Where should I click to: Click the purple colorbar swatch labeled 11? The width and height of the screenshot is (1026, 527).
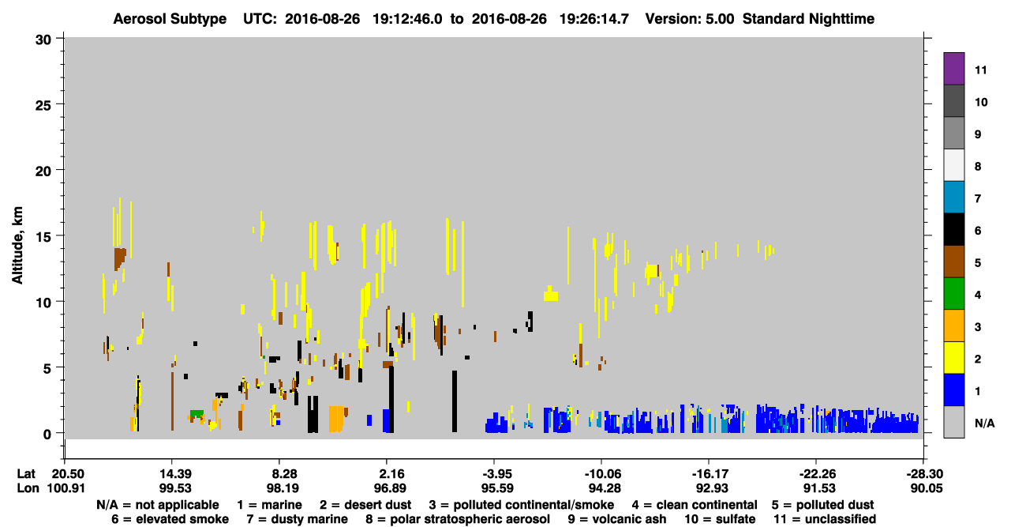953,68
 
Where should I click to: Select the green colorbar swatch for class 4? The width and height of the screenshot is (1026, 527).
953,294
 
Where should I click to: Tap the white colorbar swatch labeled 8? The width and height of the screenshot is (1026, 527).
953,165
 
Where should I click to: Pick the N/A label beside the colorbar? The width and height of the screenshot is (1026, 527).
984,423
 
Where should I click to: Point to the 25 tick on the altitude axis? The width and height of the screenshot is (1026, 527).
43,106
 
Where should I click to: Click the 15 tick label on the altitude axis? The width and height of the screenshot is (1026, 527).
43,237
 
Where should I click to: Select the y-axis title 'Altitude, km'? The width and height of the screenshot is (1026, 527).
17,246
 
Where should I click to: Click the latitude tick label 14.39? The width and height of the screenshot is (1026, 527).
175,473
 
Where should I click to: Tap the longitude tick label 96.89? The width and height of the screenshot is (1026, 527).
390,488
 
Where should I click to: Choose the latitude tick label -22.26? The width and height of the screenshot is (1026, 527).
819,473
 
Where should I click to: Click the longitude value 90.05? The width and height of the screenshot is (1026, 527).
926,488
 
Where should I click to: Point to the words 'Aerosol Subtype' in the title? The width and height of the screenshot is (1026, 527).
170,19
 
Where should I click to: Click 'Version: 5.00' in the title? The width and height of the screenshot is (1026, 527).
690,19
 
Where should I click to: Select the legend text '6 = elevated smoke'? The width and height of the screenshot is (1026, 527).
170,519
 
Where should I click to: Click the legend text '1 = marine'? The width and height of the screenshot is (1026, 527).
269,505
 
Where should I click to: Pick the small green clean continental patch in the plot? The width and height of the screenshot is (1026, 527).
197,413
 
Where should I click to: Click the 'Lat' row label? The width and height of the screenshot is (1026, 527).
26,473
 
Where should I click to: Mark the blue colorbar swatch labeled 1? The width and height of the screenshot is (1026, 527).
953,390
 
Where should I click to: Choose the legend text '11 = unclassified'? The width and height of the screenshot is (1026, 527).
825,519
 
